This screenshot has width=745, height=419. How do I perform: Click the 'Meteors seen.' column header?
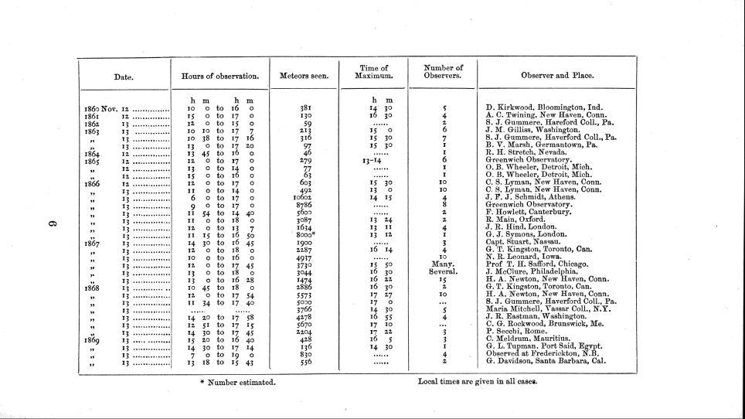[x=304, y=77]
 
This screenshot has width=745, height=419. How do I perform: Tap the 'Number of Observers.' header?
[x=443, y=72]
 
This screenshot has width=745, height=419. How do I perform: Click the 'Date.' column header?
[x=124, y=77]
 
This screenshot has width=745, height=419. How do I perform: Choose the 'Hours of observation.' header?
[x=219, y=77]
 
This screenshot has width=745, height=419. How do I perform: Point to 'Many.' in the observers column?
[x=444, y=264]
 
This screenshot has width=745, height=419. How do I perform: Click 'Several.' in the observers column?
[x=444, y=272]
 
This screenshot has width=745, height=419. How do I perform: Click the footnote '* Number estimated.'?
[x=237, y=383]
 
